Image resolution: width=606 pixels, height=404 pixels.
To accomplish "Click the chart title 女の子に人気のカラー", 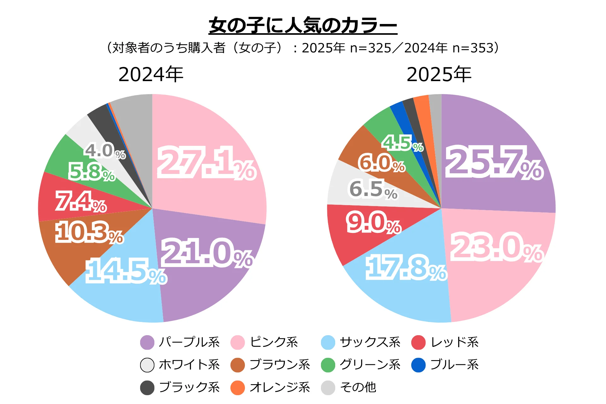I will click(x=303, y=25).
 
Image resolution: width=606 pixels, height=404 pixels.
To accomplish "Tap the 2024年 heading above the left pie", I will click(x=151, y=74).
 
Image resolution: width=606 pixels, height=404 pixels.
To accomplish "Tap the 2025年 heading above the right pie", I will click(x=439, y=74).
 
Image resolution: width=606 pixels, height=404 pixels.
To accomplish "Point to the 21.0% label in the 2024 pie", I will click(x=207, y=253).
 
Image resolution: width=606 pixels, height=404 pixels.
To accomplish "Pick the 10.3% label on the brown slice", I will click(x=89, y=233).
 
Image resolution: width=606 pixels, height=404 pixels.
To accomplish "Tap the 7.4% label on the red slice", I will click(x=81, y=201).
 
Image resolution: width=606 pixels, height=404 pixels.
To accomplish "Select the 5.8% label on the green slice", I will click(x=92, y=172).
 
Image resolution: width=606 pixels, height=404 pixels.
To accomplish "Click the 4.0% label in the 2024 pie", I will click(x=105, y=151).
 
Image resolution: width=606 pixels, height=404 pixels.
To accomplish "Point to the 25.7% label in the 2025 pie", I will click(x=494, y=163).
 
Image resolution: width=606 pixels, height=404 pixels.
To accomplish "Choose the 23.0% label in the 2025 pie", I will click(x=496, y=247).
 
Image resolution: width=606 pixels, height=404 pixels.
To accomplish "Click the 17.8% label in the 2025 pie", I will click(x=406, y=268).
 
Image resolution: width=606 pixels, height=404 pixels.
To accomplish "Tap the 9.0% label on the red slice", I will click(x=374, y=223).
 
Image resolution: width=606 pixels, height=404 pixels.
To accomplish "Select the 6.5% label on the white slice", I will click(x=373, y=189).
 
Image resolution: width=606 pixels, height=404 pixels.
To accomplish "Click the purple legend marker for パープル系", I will click(x=147, y=342).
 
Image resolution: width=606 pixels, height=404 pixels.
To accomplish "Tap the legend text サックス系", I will click(x=370, y=342).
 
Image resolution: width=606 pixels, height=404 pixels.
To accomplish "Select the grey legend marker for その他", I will click(x=328, y=388).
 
